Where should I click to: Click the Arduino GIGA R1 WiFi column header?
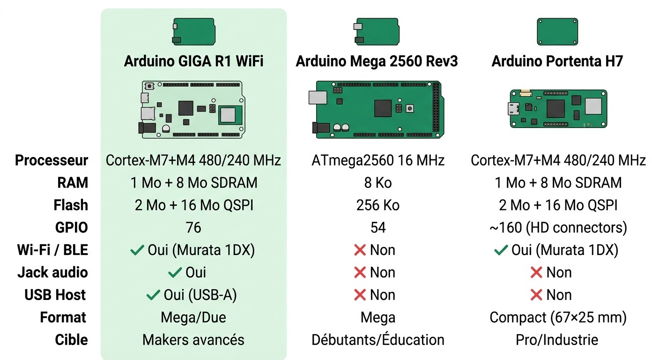pyautogui.click(x=193, y=61)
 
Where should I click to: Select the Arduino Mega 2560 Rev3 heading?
pyautogui.click(x=377, y=61)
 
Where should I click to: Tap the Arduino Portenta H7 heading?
pyautogui.click(x=557, y=61)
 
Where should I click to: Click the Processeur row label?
pyautogui.click(x=52, y=160)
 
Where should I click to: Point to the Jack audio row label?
pyautogui.click(x=52, y=272)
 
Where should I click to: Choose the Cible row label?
pyautogui.click(x=71, y=340)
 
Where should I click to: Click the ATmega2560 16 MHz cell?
pyautogui.click(x=378, y=160)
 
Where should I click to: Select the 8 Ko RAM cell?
pyautogui.click(x=378, y=183)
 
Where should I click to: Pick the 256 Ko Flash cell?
pyautogui.click(x=378, y=205)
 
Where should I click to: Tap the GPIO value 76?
pyautogui.click(x=193, y=228)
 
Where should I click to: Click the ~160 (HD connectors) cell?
pyautogui.click(x=558, y=228)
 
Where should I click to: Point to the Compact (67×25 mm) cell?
pyautogui.click(x=558, y=317)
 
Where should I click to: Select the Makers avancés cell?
pyautogui.click(x=193, y=340)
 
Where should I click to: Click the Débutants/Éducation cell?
pyautogui.click(x=378, y=340)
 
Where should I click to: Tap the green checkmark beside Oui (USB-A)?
pyautogui.click(x=153, y=295)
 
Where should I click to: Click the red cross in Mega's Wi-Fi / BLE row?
pyautogui.click(x=360, y=250)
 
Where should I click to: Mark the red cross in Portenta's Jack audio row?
pyautogui.click(x=536, y=272)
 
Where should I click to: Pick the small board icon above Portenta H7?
pyautogui.click(x=557, y=31)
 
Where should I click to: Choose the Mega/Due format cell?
pyautogui.click(x=193, y=317)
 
